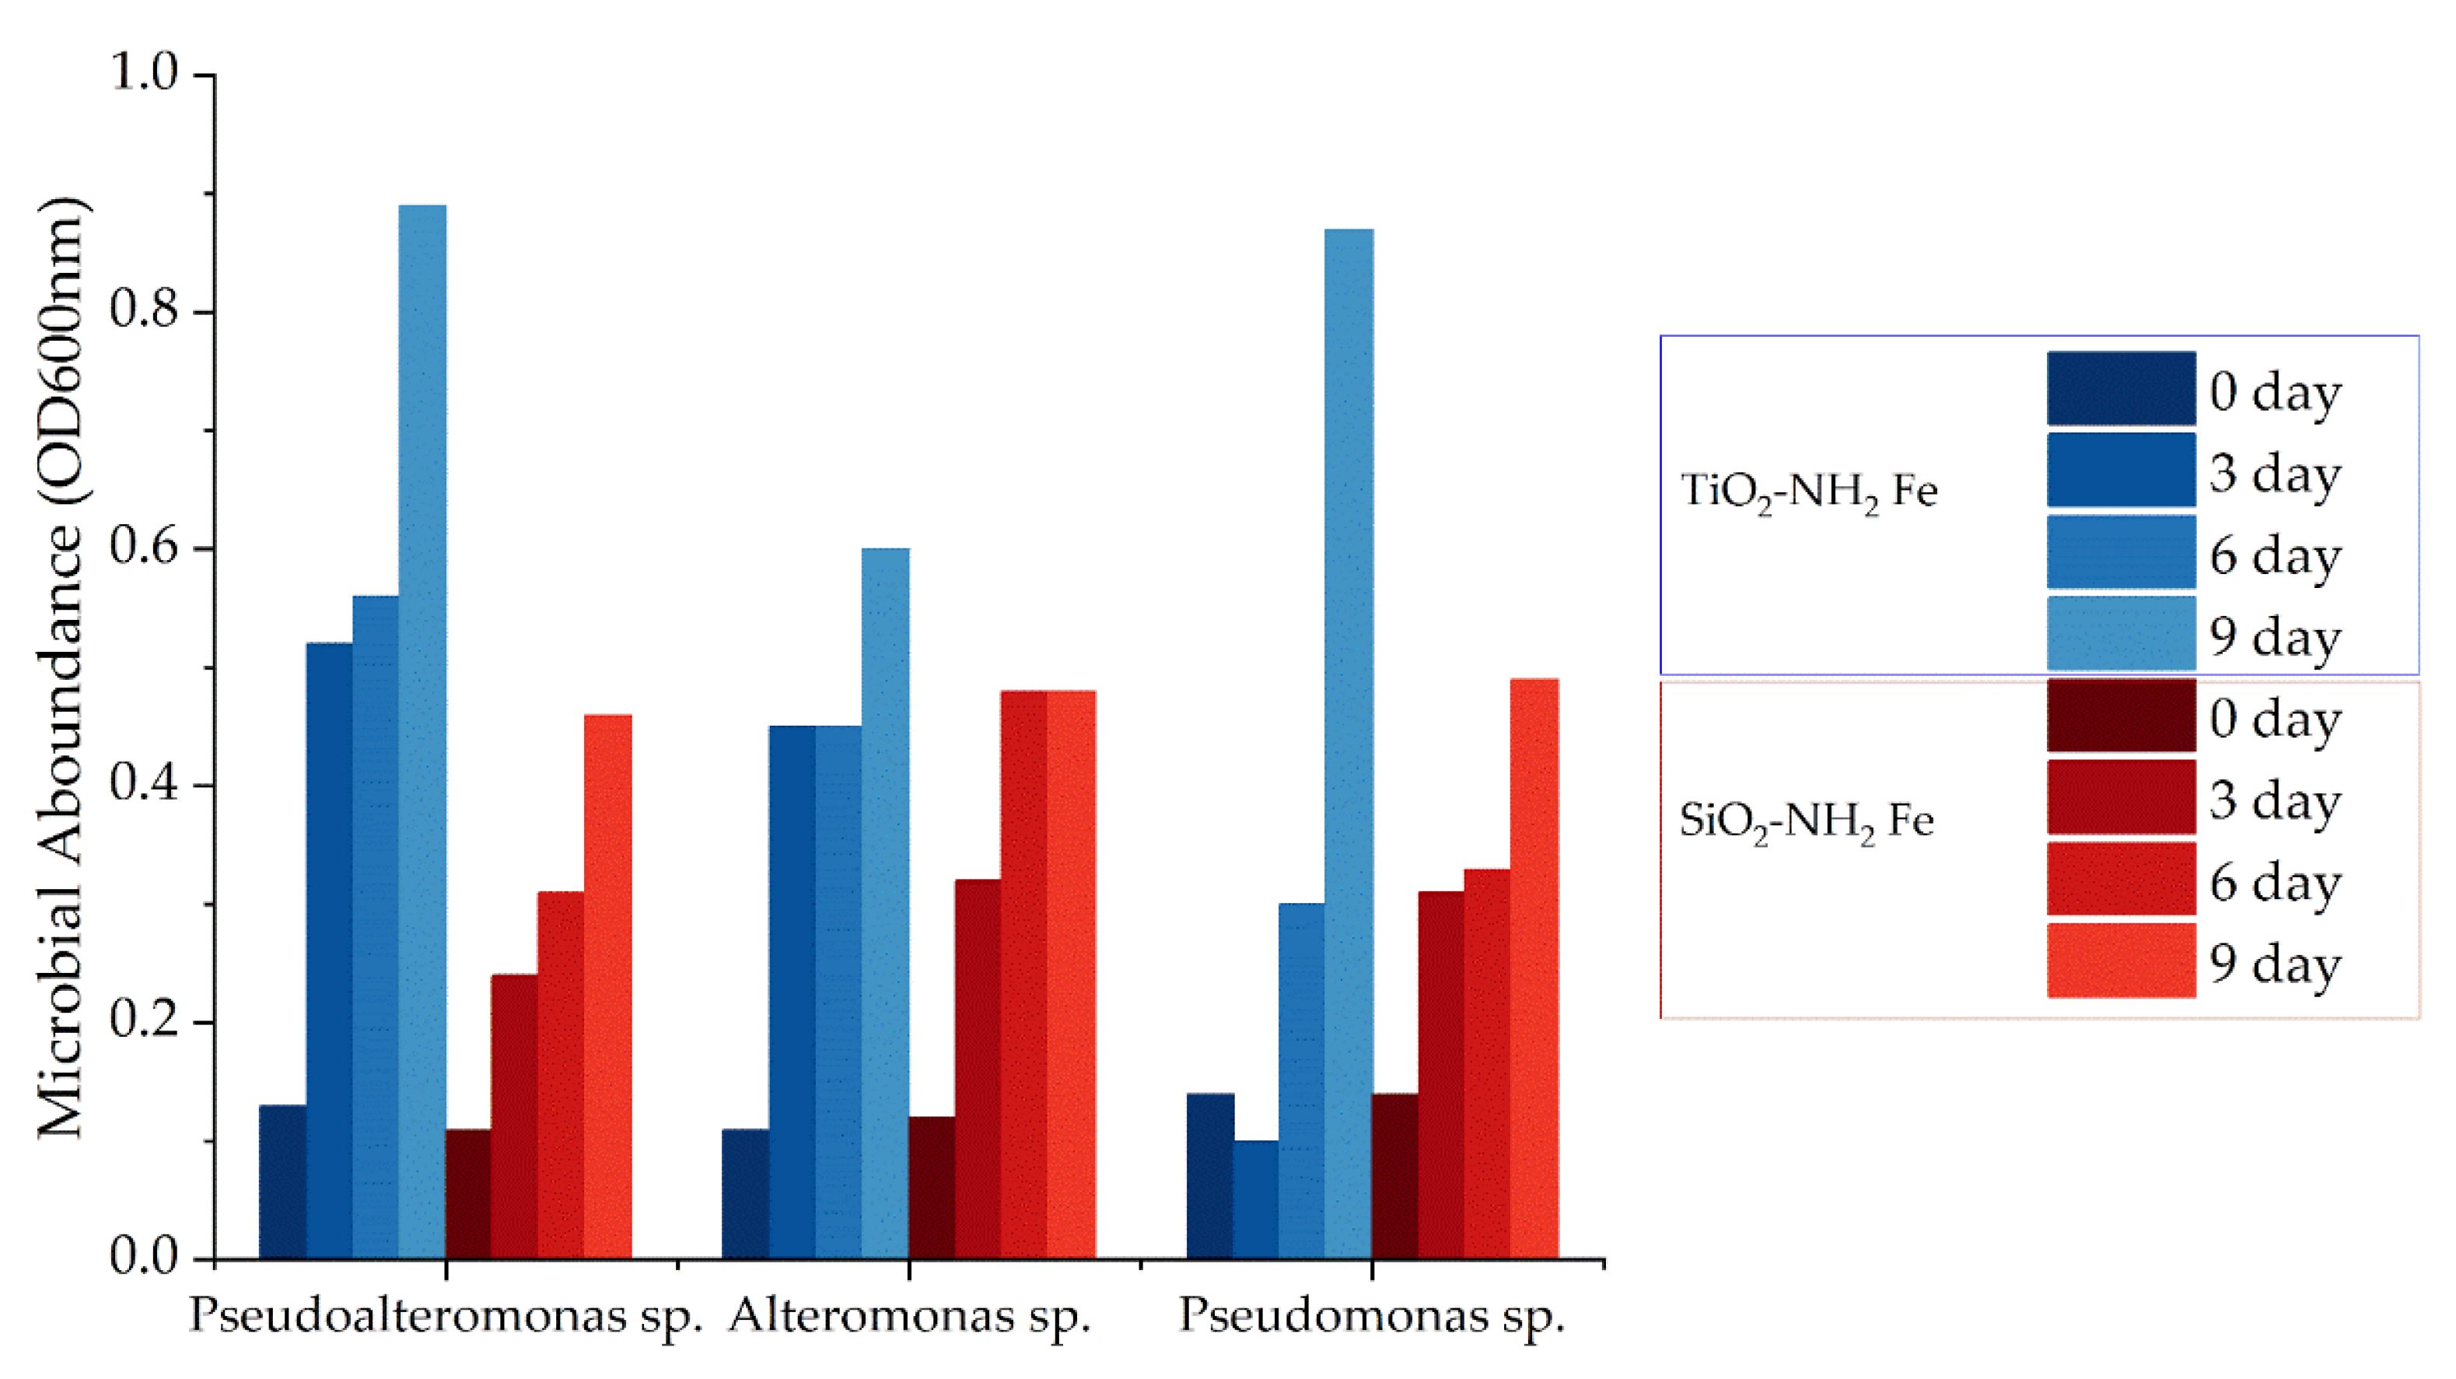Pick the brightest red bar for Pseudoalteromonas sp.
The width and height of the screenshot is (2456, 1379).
[607, 986]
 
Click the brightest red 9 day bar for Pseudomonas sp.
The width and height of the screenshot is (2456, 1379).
[1534, 968]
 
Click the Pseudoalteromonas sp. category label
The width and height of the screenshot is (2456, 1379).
[446, 1317]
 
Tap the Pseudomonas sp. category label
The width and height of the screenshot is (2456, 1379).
[1371, 1317]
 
